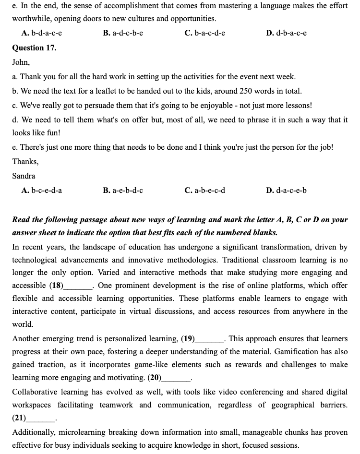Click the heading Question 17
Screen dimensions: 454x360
click(34, 48)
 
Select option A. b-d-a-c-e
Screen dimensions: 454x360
click(42, 33)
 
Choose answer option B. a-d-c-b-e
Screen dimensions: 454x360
click(123, 33)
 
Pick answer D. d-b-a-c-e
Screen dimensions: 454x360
click(286, 33)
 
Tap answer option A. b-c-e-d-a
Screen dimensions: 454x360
click(42, 191)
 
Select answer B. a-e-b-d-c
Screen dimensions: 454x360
click(123, 191)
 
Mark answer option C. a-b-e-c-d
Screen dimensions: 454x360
click(205, 191)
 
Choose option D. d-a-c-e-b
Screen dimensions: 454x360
click(286, 191)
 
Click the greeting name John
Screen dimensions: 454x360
click(21, 62)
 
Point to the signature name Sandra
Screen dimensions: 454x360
click(24, 176)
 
